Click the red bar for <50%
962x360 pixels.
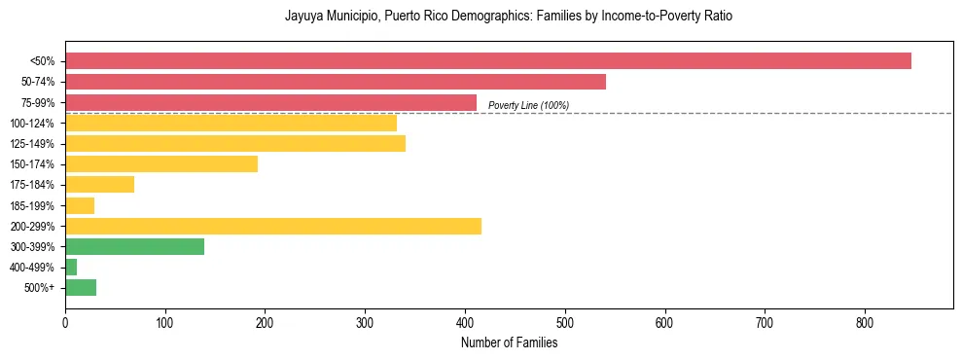tap(487, 61)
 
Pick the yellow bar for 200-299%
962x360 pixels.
tap(272, 227)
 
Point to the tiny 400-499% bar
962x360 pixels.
tap(71, 268)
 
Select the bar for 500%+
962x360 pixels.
tap(81, 288)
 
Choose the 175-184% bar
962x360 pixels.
tap(99, 185)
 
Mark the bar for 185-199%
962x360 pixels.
tap(80, 205)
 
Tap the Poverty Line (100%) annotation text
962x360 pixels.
tap(528, 105)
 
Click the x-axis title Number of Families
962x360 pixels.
tap(509, 342)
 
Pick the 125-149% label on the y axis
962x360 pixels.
tap(32, 144)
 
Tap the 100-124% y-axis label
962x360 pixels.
tap(32, 124)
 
